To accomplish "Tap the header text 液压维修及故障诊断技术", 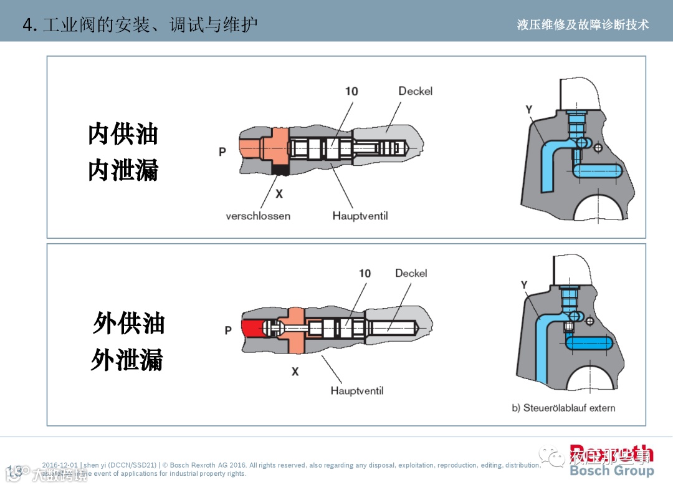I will [583, 25].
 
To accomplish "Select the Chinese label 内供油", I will [123, 134].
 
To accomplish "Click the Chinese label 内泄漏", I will [123, 170].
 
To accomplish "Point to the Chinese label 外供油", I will [128, 324].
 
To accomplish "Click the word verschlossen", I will [258, 216].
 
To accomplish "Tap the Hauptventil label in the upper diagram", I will [360, 216].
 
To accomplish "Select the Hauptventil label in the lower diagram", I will [357, 391].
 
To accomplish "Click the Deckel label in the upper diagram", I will [415, 91].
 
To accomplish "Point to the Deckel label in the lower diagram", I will [411, 273].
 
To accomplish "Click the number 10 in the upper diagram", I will [351, 91].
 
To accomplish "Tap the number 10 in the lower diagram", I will [365, 273].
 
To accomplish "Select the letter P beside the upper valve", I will [222, 152].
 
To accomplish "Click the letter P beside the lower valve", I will [228, 330].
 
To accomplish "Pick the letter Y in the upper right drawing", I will [528, 110].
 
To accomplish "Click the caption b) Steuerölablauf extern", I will [563, 408].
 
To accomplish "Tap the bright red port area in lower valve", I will [252, 329].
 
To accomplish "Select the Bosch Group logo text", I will [611, 471].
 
